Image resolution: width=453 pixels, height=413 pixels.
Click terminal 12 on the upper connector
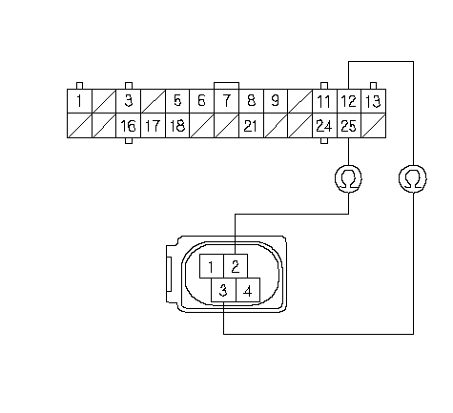pyautogui.click(x=349, y=101)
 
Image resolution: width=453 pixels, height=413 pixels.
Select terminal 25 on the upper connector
pyautogui.click(x=349, y=126)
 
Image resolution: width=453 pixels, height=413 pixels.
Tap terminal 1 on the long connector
pyautogui.click(x=79, y=101)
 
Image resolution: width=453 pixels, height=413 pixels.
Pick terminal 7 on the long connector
pyautogui.click(x=226, y=101)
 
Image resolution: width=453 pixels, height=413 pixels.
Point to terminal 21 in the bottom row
pyautogui.click(x=251, y=126)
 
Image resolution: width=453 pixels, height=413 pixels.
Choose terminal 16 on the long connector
pyautogui.click(x=129, y=126)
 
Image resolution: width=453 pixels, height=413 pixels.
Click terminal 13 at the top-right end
pyautogui.click(x=374, y=101)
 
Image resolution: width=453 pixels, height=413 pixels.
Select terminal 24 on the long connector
pyautogui.click(x=324, y=126)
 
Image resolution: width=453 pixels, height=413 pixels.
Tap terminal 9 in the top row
pyautogui.click(x=276, y=101)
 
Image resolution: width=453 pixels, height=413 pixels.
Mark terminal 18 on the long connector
pyautogui.click(x=177, y=126)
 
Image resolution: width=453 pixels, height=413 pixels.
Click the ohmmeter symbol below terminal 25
pyautogui.click(x=349, y=178)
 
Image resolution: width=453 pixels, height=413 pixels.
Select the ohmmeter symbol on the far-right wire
pyautogui.click(x=413, y=178)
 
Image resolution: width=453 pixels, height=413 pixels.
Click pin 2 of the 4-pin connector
pyautogui.click(x=236, y=266)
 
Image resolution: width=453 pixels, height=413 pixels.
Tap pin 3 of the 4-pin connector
pyautogui.click(x=224, y=290)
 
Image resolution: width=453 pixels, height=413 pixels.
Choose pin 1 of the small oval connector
pyautogui.click(x=212, y=266)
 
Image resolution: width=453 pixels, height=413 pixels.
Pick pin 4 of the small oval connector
pyautogui.click(x=248, y=290)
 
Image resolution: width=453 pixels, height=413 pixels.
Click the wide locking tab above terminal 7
pyautogui.click(x=226, y=86)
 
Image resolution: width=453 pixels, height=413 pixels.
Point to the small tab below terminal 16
pyautogui.click(x=129, y=141)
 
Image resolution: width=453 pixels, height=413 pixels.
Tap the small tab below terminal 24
pyautogui.click(x=324, y=141)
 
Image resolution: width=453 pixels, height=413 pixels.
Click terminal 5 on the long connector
pyautogui.click(x=177, y=101)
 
